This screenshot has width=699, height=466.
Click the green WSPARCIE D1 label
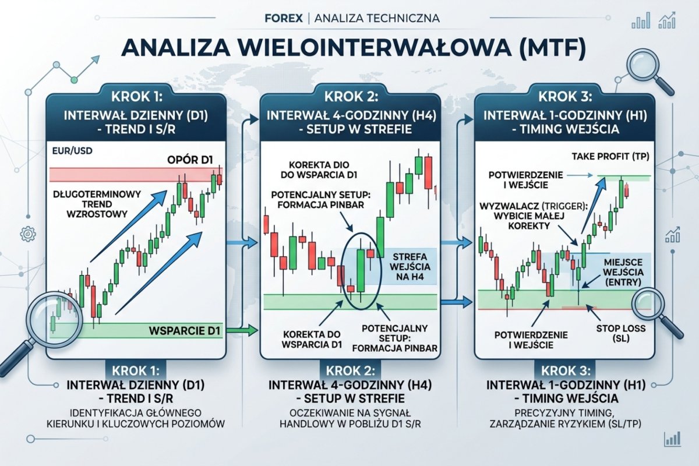pos(187,331)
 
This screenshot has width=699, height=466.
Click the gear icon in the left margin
pos(27,234)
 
